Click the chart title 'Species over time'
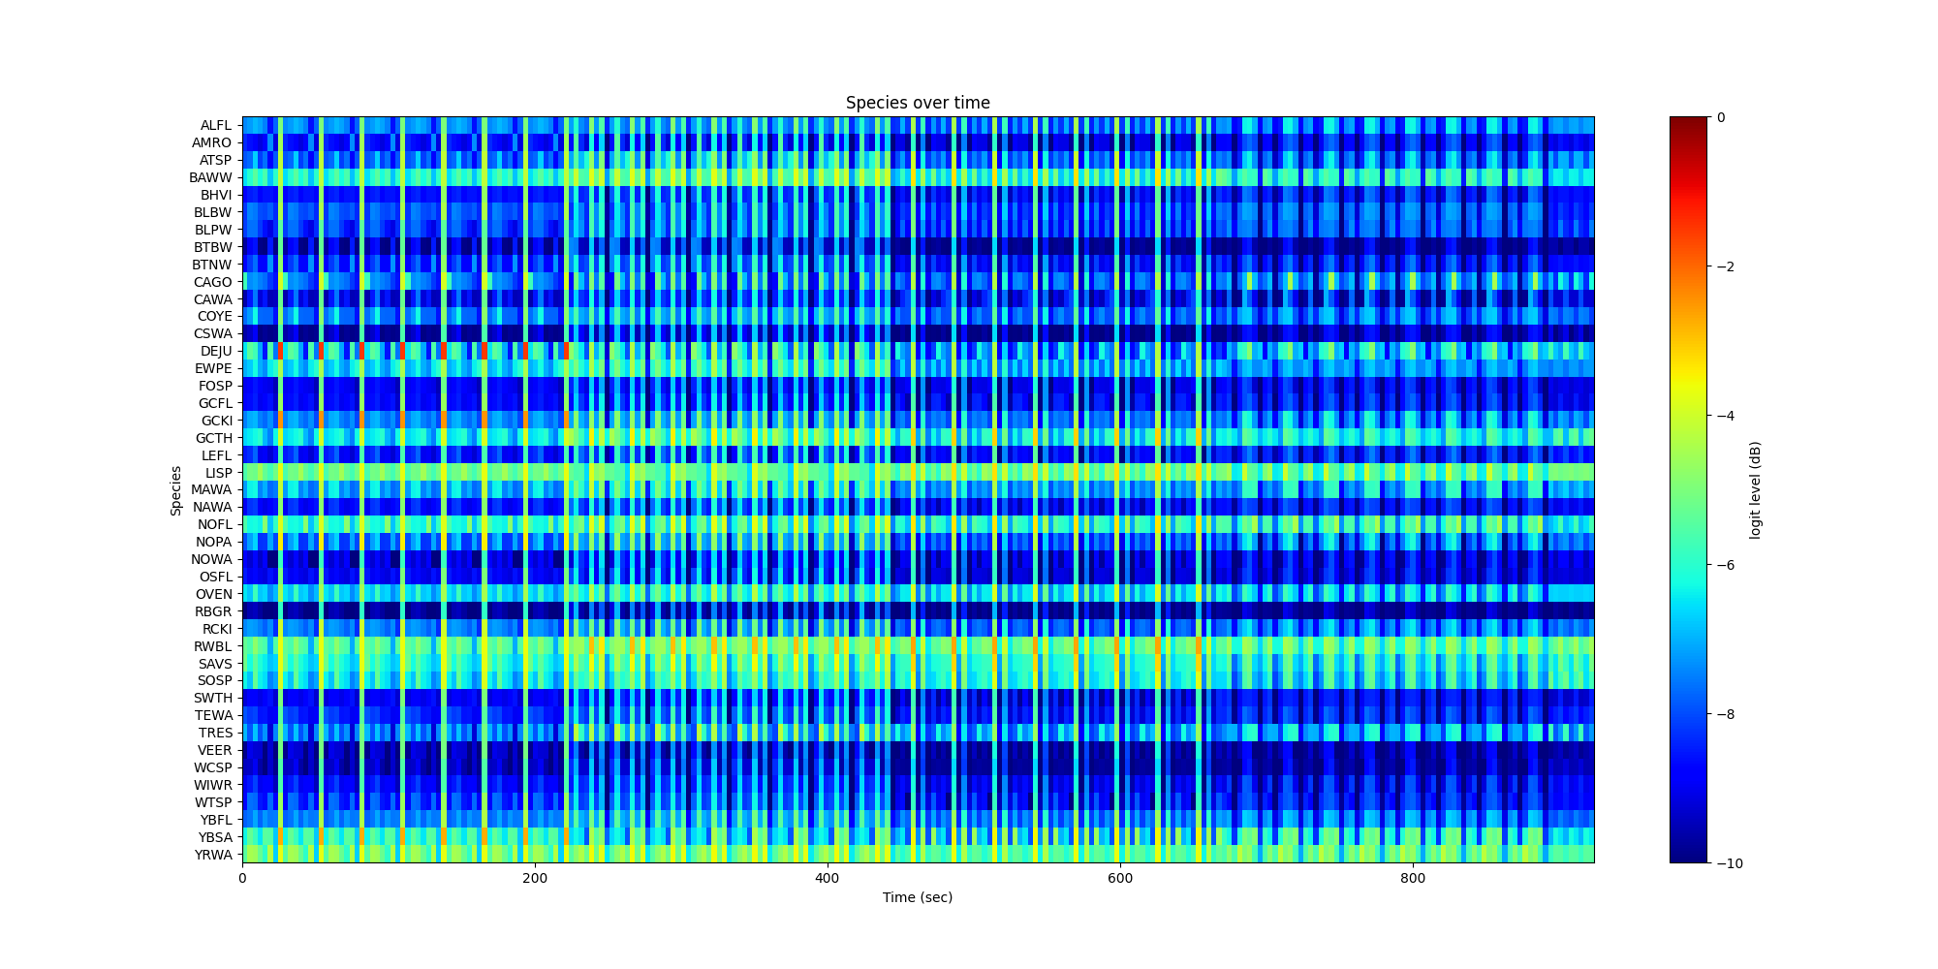click(917, 103)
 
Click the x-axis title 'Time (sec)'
click(917, 897)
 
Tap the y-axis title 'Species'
click(176, 490)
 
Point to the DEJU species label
click(216, 351)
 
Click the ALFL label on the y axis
click(216, 125)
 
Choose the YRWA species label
click(213, 855)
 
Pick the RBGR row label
click(213, 611)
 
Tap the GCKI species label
click(216, 421)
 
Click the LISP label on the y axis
click(218, 473)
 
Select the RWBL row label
click(214, 646)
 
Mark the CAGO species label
click(212, 282)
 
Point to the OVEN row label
click(214, 594)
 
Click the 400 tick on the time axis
click(827, 878)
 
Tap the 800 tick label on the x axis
click(1412, 878)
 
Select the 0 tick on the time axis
click(242, 878)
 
